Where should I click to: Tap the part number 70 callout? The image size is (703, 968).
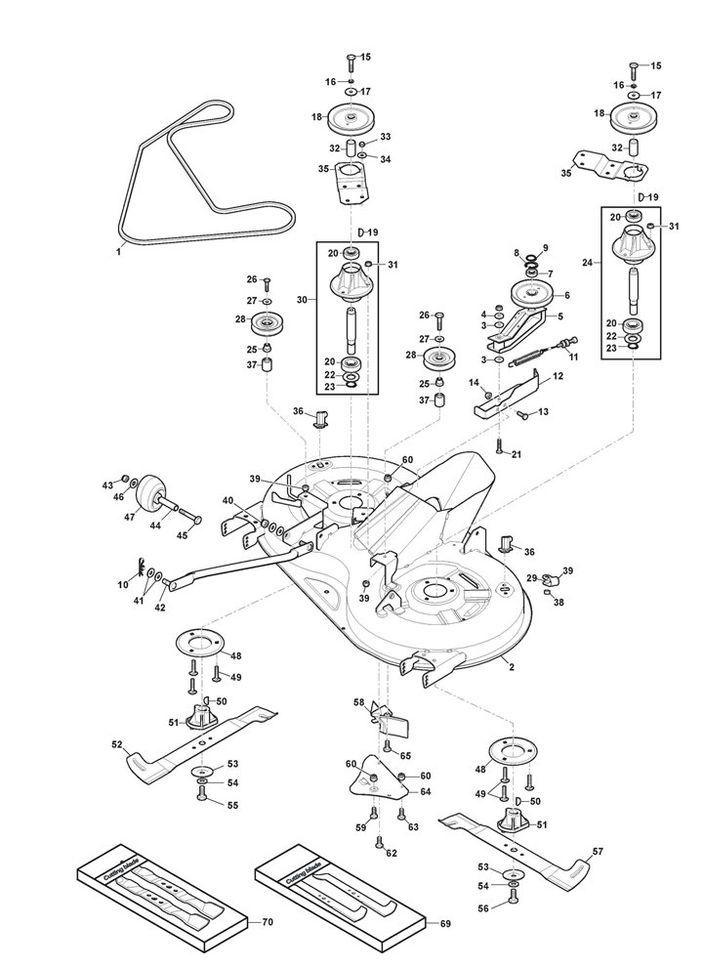[x=268, y=922]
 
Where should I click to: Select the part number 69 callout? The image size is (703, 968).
[x=445, y=923]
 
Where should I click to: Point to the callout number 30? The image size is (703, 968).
[x=302, y=300]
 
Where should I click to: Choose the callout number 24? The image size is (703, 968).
[x=587, y=263]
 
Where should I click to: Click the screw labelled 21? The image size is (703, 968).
[x=500, y=446]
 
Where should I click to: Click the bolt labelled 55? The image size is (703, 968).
[x=200, y=796]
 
